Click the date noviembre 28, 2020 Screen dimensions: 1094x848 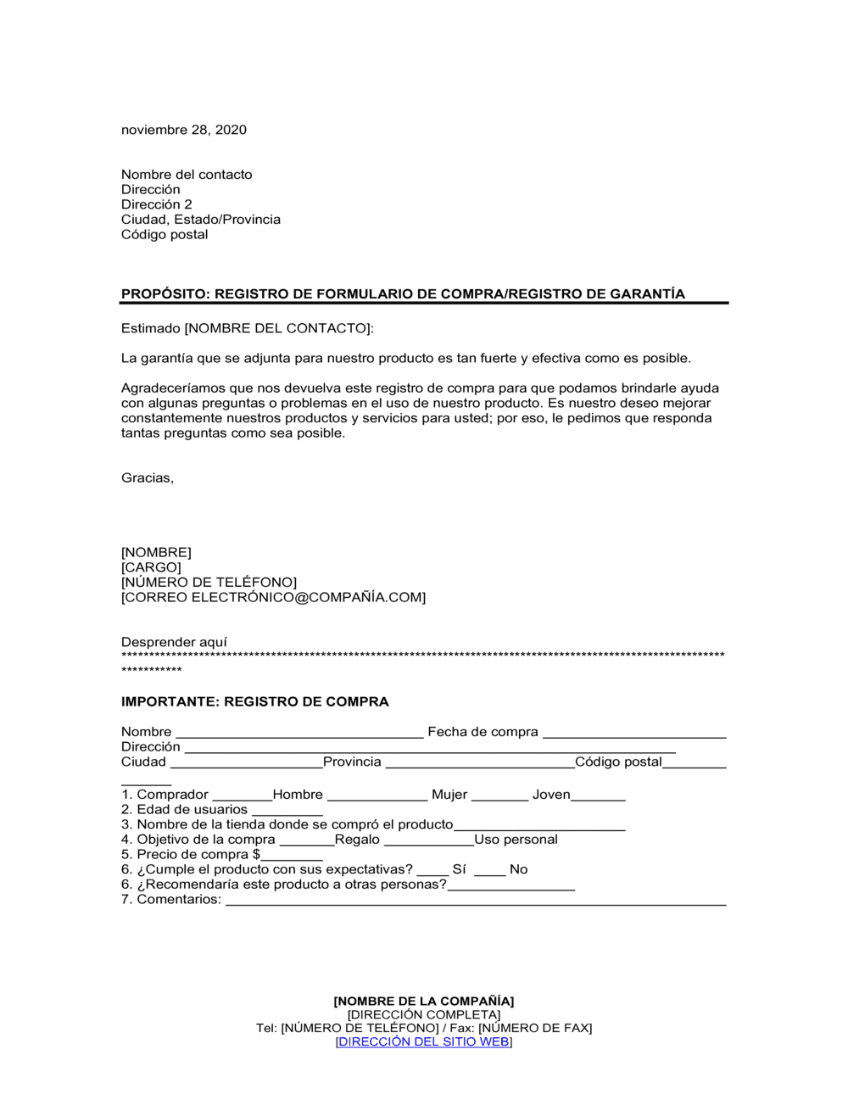[183, 130]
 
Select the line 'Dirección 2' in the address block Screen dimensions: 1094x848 [156, 204]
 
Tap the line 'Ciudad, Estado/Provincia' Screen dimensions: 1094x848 [200, 220]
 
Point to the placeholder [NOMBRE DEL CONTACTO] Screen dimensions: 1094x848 [278, 328]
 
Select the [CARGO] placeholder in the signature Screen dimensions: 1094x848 [151, 567]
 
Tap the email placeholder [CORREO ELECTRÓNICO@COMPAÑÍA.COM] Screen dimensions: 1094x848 [273, 598]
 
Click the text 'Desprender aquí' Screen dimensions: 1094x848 [174, 643]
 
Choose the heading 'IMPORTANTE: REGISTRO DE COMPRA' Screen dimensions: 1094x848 [254, 702]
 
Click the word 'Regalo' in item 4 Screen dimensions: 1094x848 [357, 840]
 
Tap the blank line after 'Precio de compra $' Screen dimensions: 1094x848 [292, 857]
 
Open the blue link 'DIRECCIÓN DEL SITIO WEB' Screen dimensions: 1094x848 [424, 1041]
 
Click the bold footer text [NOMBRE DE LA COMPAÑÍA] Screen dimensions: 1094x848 [424, 1002]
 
